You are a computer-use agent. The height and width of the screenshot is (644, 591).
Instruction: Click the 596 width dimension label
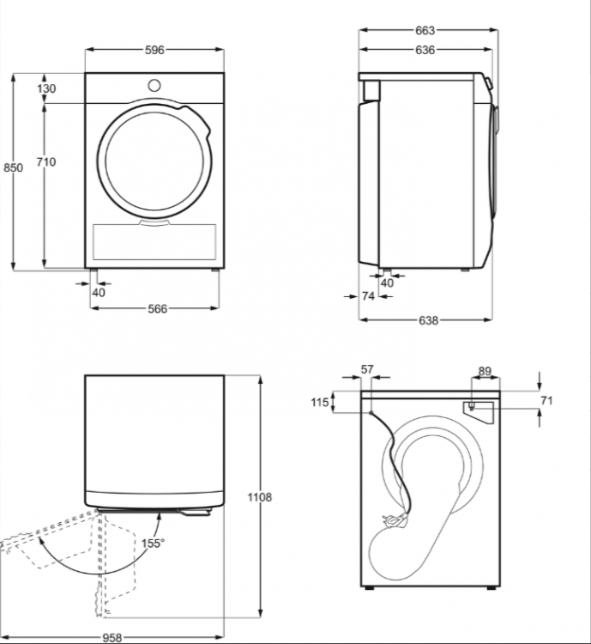tap(154, 50)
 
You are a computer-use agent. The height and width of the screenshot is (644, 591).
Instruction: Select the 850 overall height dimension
tap(13, 167)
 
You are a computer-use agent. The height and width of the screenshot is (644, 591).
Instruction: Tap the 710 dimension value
tap(46, 161)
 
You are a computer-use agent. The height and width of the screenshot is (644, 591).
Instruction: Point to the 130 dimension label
tap(46, 88)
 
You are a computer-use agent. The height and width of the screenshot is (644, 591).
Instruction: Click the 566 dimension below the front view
tap(158, 308)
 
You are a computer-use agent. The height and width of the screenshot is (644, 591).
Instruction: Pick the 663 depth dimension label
tap(425, 30)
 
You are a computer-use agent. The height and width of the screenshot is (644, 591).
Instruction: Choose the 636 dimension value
tap(425, 50)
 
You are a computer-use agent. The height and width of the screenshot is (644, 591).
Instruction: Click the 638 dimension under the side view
tap(429, 320)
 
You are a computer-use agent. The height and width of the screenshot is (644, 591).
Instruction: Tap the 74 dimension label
tap(368, 295)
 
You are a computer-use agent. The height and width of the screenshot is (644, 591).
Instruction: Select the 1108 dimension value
tap(259, 497)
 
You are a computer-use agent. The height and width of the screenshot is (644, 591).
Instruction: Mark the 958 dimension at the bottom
tap(112, 637)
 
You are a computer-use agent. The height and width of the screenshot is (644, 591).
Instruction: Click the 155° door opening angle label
tap(153, 543)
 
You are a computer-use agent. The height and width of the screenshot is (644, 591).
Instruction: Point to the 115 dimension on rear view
tap(320, 402)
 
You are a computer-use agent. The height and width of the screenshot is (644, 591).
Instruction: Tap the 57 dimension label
tap(367, 369)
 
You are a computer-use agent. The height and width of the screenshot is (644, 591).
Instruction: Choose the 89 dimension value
tap(485, 371)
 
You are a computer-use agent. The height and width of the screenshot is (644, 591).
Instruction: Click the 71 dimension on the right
tap(546, 400)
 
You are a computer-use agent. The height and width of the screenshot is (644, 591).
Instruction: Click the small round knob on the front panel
tap(154, 86)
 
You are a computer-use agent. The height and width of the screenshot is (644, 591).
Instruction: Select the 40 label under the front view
tap(99, 293)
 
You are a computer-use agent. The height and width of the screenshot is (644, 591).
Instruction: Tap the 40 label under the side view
tap(387, 283)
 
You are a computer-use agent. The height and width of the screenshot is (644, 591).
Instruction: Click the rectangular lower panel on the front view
tap(154, 242)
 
